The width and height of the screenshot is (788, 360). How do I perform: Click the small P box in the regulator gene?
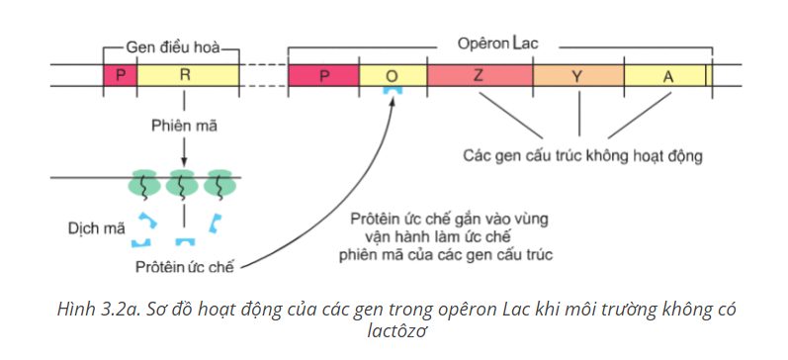120,75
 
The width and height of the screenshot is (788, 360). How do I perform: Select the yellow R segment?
188,75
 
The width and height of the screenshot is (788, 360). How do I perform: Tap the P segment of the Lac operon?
323,75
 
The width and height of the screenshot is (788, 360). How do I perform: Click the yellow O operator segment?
393,75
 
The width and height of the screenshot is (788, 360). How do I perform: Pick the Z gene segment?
480,75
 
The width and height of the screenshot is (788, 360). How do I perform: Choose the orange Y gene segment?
578,75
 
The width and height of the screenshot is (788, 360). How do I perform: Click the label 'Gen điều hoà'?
173,47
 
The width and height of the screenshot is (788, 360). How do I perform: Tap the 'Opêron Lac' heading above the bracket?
497,44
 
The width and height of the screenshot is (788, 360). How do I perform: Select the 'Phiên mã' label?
185,126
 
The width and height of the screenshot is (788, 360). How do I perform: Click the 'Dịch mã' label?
97,228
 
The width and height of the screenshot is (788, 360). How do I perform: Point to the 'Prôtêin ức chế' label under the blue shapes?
185,267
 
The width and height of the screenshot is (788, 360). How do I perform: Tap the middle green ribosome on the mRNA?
182,183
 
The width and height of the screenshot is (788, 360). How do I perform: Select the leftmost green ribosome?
145,183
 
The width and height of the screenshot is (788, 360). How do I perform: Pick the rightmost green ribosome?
219,183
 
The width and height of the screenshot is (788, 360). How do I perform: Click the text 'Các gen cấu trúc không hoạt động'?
582,156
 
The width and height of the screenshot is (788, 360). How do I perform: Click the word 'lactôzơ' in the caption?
397,331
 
